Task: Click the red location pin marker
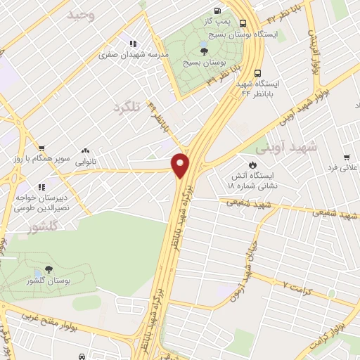tap(181, 165)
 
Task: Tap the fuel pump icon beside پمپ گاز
tap(216, 11)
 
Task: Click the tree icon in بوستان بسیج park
tap(203, 50)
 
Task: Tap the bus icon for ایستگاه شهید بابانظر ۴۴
tap(259, 72)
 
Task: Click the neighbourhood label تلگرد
tap(127, 108)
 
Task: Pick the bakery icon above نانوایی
tap(86, 150)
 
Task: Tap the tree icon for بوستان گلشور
tap(48, 269)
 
